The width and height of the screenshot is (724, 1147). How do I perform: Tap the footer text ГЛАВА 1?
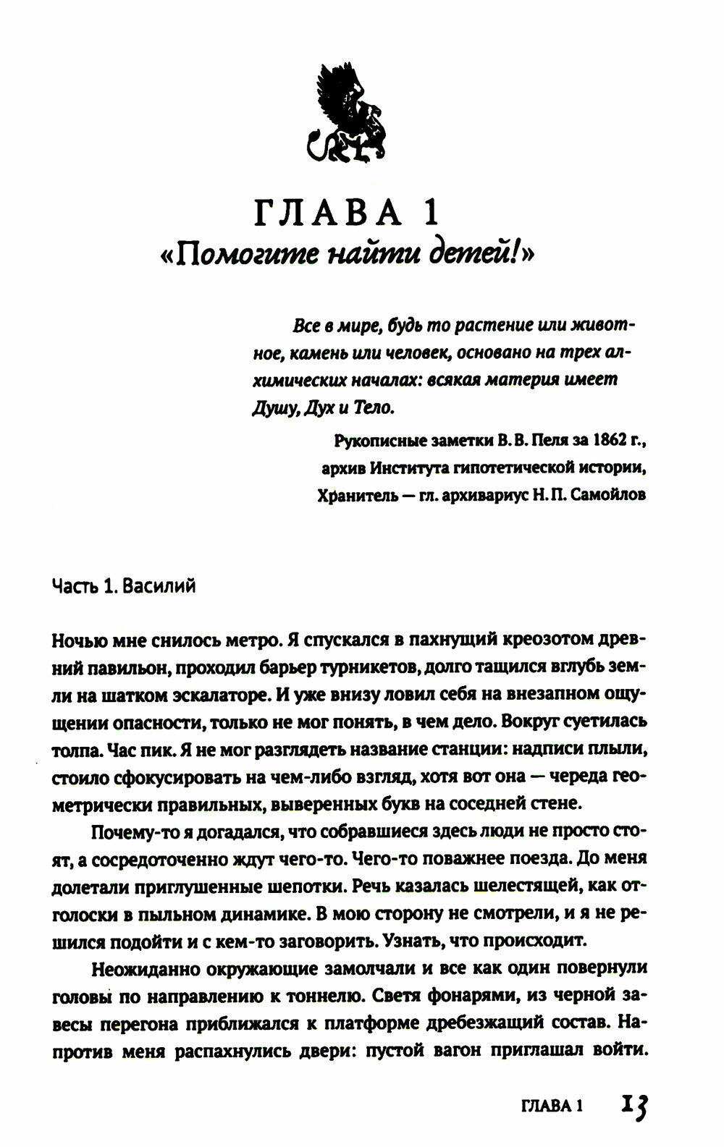[552, 1106]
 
